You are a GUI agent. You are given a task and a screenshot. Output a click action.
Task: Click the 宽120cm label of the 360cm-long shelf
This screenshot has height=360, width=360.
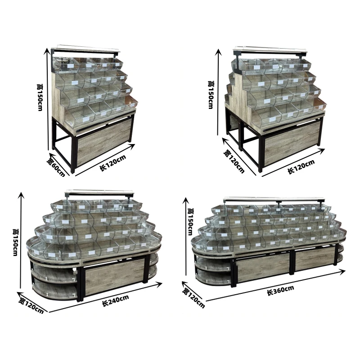(x=193, y=297)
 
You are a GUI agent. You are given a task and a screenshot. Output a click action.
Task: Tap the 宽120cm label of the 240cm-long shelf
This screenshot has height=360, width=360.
(x=31, y=305)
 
